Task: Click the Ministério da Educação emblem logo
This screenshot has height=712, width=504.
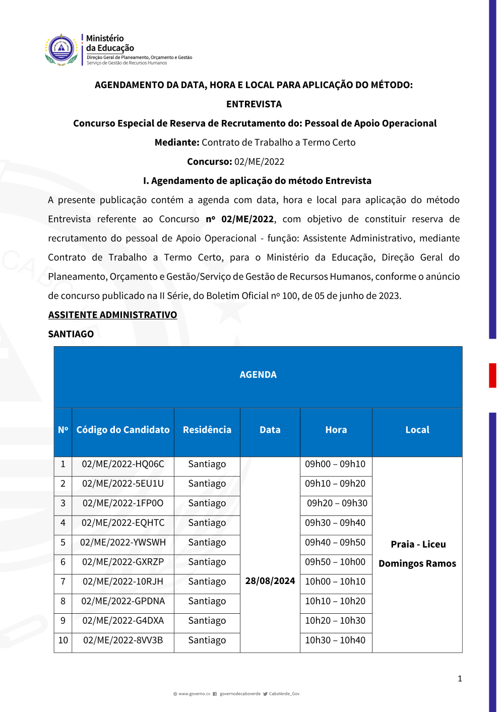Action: pos(61,49)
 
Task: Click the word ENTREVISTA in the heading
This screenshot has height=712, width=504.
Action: pos(254,104)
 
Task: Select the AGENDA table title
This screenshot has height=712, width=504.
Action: pos(258,375)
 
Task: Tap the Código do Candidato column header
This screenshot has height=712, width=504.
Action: pos(123,430)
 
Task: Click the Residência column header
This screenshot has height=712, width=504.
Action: pos(207,430)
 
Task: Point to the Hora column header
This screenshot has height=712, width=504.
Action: pos(336,430)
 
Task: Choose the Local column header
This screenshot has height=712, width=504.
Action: pos(417,430)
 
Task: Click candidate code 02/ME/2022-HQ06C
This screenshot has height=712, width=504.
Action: pos(123,464)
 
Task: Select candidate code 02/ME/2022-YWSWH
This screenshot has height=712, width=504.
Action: pos(123,543)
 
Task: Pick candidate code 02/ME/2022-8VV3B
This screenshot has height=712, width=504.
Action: pos(123,640)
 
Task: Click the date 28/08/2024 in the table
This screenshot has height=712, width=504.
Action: pos(270,581)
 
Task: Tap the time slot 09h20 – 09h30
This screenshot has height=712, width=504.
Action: pos(337,503)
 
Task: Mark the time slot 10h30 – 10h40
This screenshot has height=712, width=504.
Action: pos(335,640)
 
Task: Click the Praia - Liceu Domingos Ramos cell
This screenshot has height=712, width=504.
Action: pos(417,554)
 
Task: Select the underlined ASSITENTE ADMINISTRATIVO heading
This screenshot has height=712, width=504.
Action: pos(112,315)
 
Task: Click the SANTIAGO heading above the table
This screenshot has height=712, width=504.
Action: pos(71,334)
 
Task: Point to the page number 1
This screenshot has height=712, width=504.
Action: pos(460,679)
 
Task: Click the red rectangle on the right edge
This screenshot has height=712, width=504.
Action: pos(492,375)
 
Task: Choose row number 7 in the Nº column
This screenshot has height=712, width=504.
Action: pos(63,581)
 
